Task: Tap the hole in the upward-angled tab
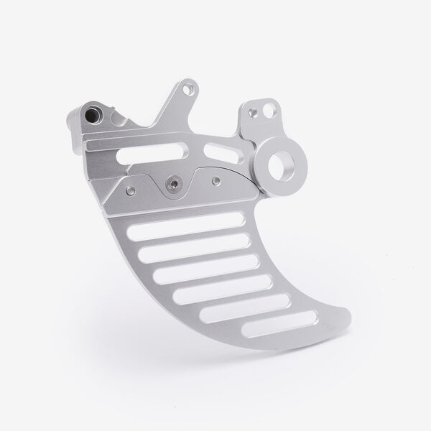click(189, 91)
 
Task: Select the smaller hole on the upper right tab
click(253, 112)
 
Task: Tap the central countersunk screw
click(172, 184)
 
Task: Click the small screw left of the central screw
click(131, 190)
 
